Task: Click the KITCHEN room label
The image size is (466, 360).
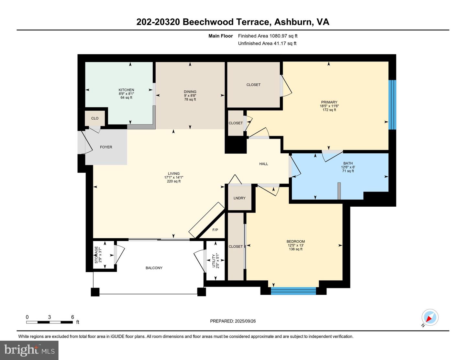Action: [x=126, y=90]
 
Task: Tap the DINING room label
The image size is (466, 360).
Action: [x=190, y=92]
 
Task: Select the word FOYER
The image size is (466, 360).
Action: [x=106, y=147]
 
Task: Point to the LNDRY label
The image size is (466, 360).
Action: [x=239, y=198]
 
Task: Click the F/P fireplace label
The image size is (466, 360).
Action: [x=215, y=230]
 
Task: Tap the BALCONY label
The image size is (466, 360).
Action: [x=154, y=268]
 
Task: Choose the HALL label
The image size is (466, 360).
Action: [x=263, y=164]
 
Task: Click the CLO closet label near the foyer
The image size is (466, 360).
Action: [x=95, y=118]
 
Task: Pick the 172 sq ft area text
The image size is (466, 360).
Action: [x=329, y=110]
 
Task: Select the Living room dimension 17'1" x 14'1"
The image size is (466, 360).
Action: [x=174, y=178]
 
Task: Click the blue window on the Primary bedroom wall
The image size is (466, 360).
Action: [x=392, y=105]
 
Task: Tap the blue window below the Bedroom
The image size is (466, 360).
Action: [x=294, y=291]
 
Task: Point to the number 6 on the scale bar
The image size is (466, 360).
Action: [x=72, y=317]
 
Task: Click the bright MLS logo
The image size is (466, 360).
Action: [x=29, y=350]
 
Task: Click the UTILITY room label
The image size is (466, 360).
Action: [x=213, y=261]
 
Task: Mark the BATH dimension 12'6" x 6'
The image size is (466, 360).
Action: [x=348, y=167]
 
